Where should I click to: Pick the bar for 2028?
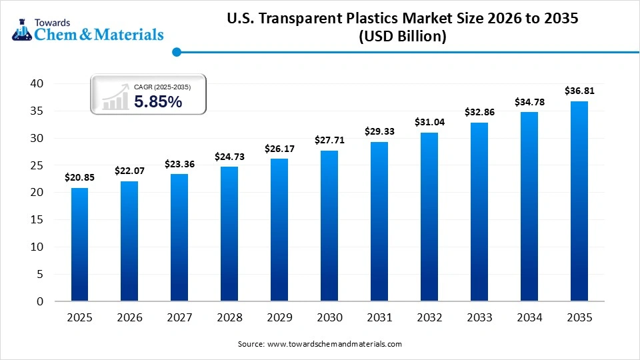point(229,233)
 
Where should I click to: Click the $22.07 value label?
point(129,171)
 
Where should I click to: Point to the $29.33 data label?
point(379,131)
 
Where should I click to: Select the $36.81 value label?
point(579,91)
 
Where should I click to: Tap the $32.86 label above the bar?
point(479,112)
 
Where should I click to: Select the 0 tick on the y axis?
point(39,301)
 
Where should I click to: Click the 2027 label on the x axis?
point(179,318)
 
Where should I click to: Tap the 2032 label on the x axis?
point(429,318)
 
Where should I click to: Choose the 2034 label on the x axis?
point(529,318)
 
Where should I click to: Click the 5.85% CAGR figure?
point(158,101)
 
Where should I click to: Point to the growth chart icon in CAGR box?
point(115,97)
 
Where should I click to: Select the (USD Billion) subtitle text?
point(402,37)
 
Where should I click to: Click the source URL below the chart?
point(319,344)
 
